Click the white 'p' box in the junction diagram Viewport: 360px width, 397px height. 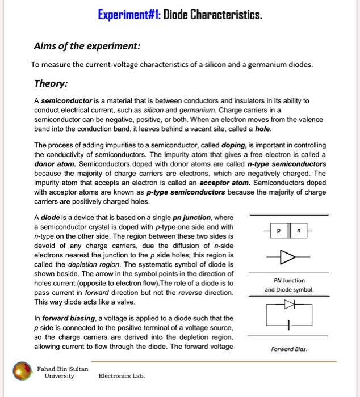tap(278, 231)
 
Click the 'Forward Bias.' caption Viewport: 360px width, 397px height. tap(290, 349)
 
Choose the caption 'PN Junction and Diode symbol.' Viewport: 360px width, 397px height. tap(290, 285)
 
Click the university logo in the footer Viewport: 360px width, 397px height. tap(23, 372)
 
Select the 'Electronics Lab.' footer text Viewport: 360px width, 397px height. tap(122, 375)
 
